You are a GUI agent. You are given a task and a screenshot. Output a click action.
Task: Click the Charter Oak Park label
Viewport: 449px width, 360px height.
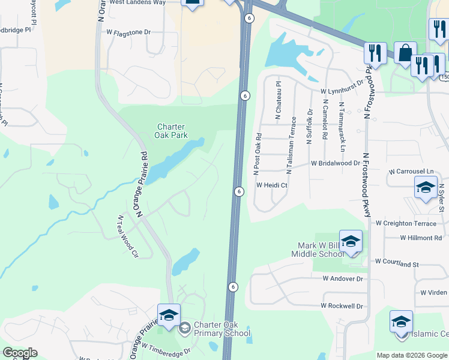point(172,131)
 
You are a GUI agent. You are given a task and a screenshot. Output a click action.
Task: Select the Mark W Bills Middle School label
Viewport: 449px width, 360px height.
point(321,250)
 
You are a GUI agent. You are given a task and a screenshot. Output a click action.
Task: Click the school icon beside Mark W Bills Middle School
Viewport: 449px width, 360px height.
point(351,242)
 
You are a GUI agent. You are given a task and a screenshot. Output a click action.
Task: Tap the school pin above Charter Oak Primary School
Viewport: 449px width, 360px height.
point(169,316)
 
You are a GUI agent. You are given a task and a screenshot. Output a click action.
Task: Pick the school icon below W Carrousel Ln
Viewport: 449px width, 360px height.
point(426,188)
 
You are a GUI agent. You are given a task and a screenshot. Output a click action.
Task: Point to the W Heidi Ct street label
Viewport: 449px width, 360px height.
point(273,185)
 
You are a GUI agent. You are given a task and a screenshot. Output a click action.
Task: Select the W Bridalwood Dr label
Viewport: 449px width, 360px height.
point(335,163)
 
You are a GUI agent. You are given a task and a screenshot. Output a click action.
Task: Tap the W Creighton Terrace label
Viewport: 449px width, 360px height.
point(406,223)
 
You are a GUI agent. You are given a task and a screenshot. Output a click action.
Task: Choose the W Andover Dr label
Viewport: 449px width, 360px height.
point(343,278)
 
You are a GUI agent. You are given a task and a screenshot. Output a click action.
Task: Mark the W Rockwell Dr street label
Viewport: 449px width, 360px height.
point(342,305)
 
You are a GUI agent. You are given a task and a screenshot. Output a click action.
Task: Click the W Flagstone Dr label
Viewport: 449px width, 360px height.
point(128,32)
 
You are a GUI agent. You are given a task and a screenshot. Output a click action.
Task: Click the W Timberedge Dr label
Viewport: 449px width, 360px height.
point(166,348)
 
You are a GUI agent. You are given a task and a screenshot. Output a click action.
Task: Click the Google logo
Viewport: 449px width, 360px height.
point(20,353)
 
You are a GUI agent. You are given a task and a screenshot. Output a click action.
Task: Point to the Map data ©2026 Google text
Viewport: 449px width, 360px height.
point(412,355)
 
